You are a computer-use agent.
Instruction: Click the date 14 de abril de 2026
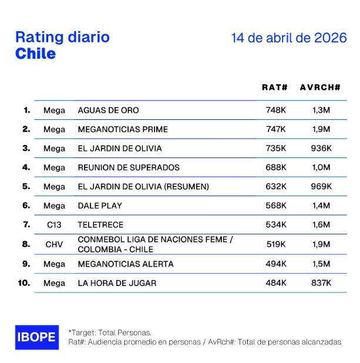[289, 38]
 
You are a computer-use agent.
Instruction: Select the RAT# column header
[274, 87]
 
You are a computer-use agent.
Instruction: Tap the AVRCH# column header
[320, 87]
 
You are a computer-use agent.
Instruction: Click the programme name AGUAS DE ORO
[108, 110]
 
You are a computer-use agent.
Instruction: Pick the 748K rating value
[275, 110]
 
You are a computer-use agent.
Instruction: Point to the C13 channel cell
[55, 225]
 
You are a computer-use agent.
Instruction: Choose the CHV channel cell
[55, 244]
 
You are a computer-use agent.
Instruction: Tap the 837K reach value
[321, 283]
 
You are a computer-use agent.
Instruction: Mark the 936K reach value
[321, 149]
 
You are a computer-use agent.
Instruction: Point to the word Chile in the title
[35, 53]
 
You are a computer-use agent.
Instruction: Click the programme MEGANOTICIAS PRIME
[123, 129]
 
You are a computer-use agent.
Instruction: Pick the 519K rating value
[275, 244]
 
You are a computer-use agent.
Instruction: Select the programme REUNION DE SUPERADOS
[129, 167]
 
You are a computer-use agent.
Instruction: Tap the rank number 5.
[26, 186]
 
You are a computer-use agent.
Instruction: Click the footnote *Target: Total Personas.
[110, 332]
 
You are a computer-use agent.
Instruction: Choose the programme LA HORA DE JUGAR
[117, 283]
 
